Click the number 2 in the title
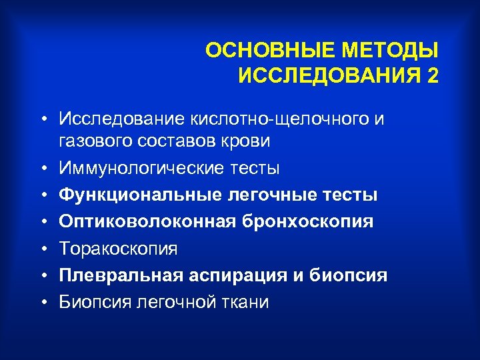434,76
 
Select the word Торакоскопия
117,249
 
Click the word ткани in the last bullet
244,302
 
